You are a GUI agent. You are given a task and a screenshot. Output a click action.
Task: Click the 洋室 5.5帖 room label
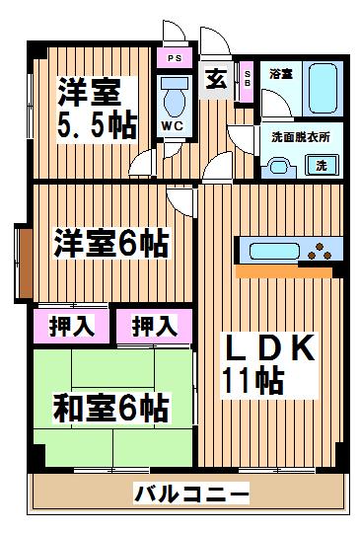click(x=98, y=109)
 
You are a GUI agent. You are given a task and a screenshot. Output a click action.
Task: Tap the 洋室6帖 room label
click(x=110, y=244)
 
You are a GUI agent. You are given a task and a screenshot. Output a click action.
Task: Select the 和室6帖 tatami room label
click(x=110, y=408)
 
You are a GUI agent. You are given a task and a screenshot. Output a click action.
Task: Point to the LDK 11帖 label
click(x=269, y=364)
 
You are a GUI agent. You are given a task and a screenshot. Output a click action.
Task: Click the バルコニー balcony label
click(x=191, y=493)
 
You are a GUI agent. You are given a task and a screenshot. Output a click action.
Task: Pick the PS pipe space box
click(x=175, y=58)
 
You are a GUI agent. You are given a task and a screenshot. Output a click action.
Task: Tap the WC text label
click(x=173, y=126)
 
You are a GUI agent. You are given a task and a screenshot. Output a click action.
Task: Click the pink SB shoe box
click(x=247, y=82)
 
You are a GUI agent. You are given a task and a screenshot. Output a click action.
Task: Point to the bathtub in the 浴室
click(x=323, y=88)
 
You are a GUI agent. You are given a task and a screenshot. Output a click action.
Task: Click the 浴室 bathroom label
click(x=281, y=74)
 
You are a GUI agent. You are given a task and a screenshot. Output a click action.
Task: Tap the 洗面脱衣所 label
click(x=301, y=137)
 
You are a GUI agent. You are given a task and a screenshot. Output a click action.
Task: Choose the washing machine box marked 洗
click(x=322, y=165)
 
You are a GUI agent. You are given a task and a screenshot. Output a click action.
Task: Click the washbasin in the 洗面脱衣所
click(x=279, y=167)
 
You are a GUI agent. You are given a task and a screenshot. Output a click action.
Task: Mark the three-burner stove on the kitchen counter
click(x=320, y=252)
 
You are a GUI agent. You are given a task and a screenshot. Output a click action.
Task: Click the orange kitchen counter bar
click(x=284, y=271)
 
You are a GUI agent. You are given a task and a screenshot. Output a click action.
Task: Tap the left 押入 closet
click(x=71, y=327)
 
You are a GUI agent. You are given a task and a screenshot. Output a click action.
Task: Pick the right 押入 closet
click(x=155, y=327)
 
